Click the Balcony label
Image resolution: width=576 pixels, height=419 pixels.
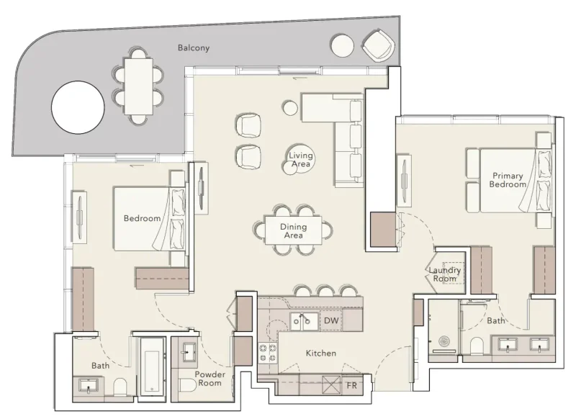194,48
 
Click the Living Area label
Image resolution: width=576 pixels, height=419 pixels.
300,160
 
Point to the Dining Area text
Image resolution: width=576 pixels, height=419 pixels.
293,231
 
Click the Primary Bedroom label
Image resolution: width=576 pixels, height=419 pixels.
508,179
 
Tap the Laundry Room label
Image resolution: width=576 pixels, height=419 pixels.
444,274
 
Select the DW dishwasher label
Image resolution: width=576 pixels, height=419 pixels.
331,320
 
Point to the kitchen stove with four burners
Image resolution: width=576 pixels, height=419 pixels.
269,354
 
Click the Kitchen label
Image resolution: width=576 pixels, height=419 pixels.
320,353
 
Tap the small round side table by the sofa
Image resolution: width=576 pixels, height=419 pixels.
289,107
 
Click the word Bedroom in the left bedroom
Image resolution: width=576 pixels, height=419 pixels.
141,218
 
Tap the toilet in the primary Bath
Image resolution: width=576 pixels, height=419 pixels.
475,347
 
